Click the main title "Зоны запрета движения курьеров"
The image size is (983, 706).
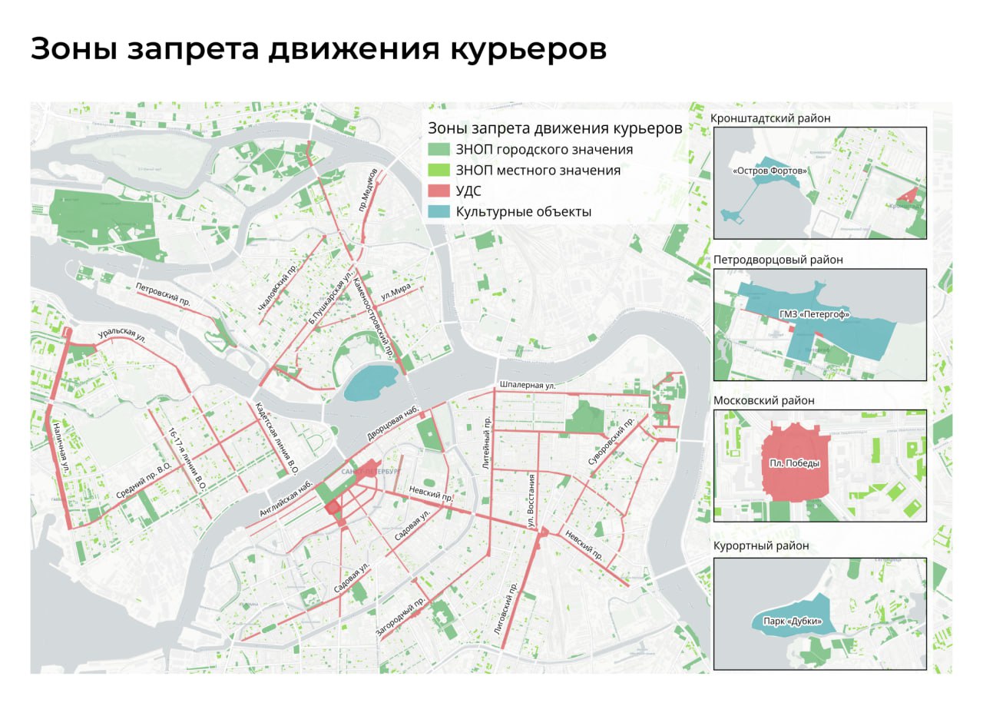318,49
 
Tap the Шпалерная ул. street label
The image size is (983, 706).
527,385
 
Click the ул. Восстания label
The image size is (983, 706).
530,499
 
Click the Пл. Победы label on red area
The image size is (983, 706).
794,464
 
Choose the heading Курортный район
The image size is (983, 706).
761,546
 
